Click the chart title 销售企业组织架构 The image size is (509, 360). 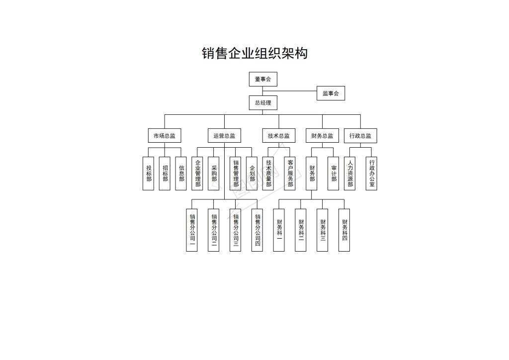pyautogui.click(x=254, y=53)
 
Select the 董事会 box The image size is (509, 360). pyautogui.click(x=263, y=79)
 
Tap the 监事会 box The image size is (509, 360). pyautogui.click(x=331, y=93)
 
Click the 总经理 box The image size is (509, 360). pyautogui.click(x=263, y=103)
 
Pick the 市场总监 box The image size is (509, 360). pyautogui.click(x=165, y=136)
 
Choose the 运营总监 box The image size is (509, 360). pyautogui.click(x=224, y=136)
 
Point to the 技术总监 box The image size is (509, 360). pyautogui.click(x=279, y=136)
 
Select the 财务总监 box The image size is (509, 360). pyautogui.click(x=322, y=136)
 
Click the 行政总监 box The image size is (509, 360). pyautogui.click(x=360, y=136)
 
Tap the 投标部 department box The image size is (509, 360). pyautogui.click(x=148, y=174)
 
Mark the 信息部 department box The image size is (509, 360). pyautogui.click(x=181, y=174)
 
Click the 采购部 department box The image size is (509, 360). pyautogui.click(x=214, y=174)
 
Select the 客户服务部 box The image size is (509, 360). pyautogui.click(x=290, y=174)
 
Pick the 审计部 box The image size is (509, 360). pyautogui.click(x=334, y=174)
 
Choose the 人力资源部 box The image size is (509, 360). pyautogui.click(x=349, y=174)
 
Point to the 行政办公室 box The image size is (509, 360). pyautogui.click(x=371, y=174)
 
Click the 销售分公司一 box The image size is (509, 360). pyautogui.click(x=192, y=230)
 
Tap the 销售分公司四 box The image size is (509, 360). pyautogui.click(x=257, y=230)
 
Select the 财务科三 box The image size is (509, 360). pyautogui.click(x=322, y=230)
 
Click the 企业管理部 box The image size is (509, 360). pyautogui.click(x=197, y=174)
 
